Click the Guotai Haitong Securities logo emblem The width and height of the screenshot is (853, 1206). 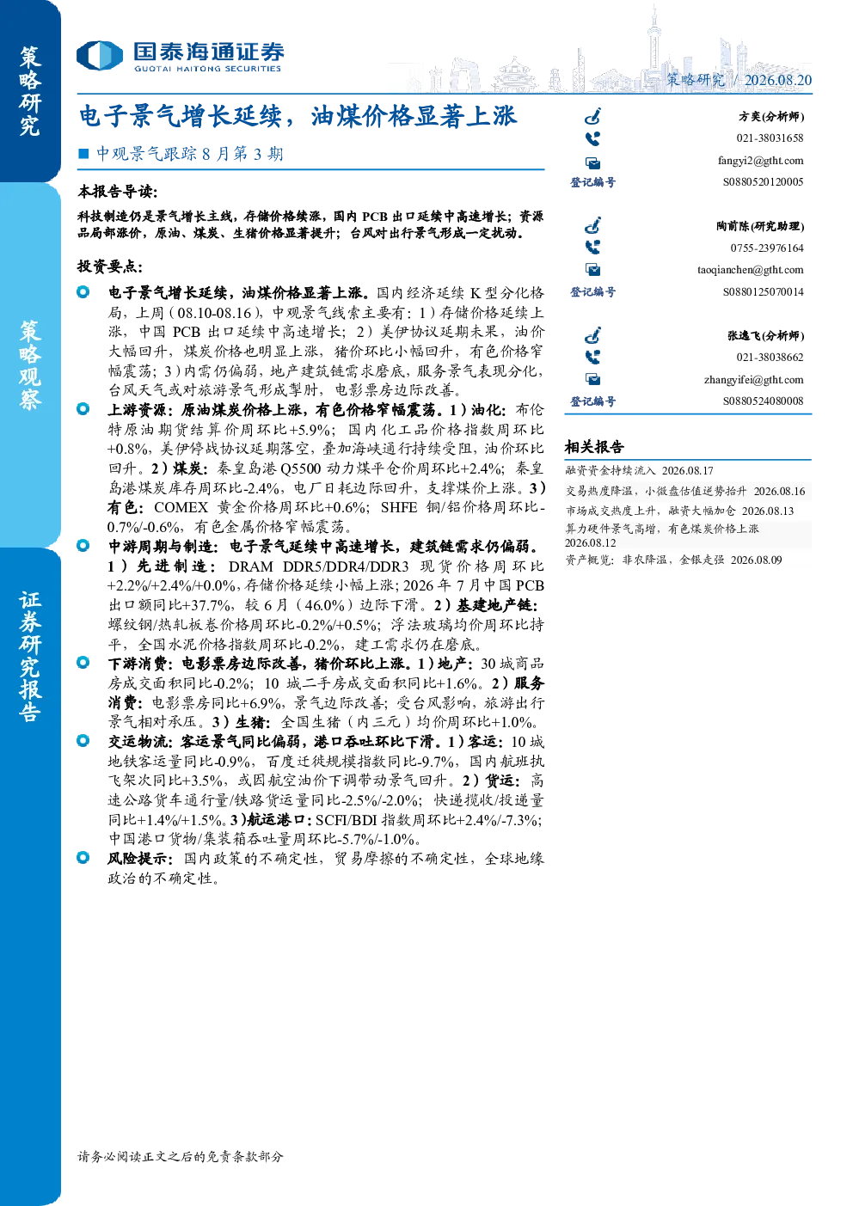(x=100, y=55)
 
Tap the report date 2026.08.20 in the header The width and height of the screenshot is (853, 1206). (x=778, y=80)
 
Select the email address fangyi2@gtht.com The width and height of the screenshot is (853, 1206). (x=760, y=161)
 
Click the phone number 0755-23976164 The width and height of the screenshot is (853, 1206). (x=767, y=248)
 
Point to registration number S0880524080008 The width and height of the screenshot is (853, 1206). (x=763, y=401)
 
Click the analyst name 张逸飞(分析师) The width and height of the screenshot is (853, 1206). (x=766, y=335)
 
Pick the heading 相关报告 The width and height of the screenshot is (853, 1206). (x=594, y=446)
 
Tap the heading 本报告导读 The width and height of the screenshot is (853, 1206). (x=118, y=191)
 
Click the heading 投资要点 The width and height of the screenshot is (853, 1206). (x=110, y=266)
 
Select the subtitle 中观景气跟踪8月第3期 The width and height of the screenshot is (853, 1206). (x=189, y=154)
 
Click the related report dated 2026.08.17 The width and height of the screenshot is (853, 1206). (x=639, y=470)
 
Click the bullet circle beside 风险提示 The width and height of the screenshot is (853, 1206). (x=83, y=857)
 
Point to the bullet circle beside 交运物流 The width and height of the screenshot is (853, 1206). (x=83, y=741)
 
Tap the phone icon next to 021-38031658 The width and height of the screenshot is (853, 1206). (x=592, y=139)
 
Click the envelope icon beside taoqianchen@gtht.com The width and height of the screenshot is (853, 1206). (x=593, y=269)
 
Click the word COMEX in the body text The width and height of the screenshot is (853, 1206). (x=181, y=507)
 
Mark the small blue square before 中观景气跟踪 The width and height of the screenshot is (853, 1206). (x=83, y=154)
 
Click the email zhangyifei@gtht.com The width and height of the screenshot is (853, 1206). (x=753, y=379)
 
